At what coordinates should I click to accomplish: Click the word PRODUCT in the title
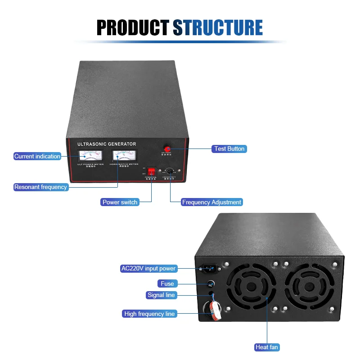(x=133, y=27)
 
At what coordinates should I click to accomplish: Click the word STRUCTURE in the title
(x=218, y=27)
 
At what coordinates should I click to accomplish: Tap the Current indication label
(x=37, y=156)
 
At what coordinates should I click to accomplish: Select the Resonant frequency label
(x=40, y=187)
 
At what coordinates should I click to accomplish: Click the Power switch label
(x=120, y=202)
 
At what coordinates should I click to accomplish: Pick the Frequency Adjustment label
(x=211, y=202)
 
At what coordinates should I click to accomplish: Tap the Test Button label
(x=229, y=148)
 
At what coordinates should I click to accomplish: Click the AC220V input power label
(x=148, y=269)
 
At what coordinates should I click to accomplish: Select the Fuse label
(x=167, y=283)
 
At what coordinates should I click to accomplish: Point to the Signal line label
(x=162, y=295)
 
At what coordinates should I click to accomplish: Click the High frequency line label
(x=150, y=314)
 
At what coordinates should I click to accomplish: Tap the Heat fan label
(x=267, y=347)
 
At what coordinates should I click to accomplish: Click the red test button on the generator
(x=167, y=148)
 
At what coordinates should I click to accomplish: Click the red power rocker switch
(x=152, y=171)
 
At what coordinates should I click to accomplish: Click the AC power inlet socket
(x=210, y=269)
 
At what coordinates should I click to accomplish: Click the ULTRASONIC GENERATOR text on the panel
(x=107, y=144)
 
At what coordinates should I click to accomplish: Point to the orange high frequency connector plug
(x=215, y=310)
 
